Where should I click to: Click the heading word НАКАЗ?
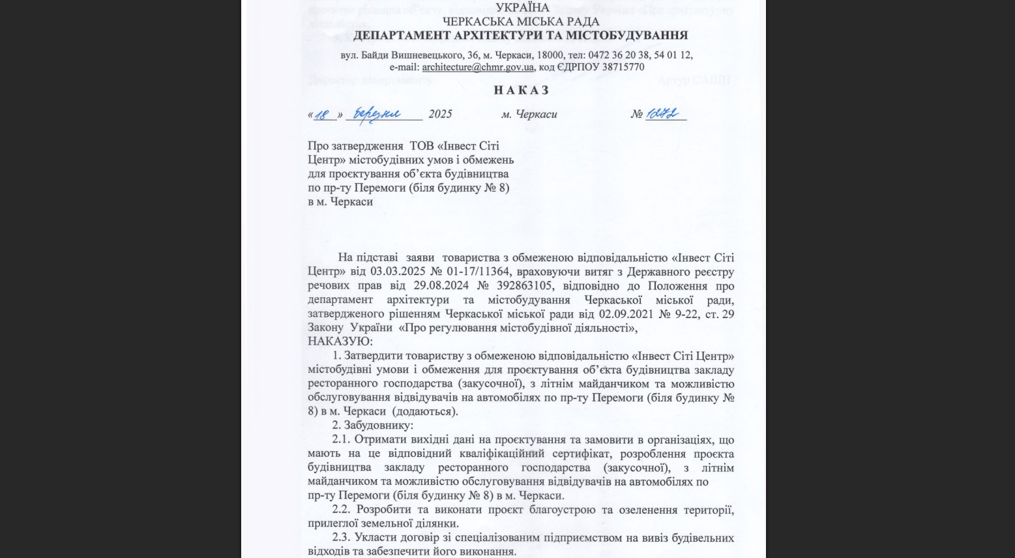[521, 90]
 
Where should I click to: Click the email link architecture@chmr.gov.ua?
[478, 67]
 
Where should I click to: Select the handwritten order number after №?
[665, 114]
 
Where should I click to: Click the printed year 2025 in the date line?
[440, 114]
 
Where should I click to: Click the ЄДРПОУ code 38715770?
[623, 67]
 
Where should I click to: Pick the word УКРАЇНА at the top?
[522, 8]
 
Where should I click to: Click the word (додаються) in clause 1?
[426, 412]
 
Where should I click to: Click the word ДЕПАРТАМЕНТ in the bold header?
[402, 35]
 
